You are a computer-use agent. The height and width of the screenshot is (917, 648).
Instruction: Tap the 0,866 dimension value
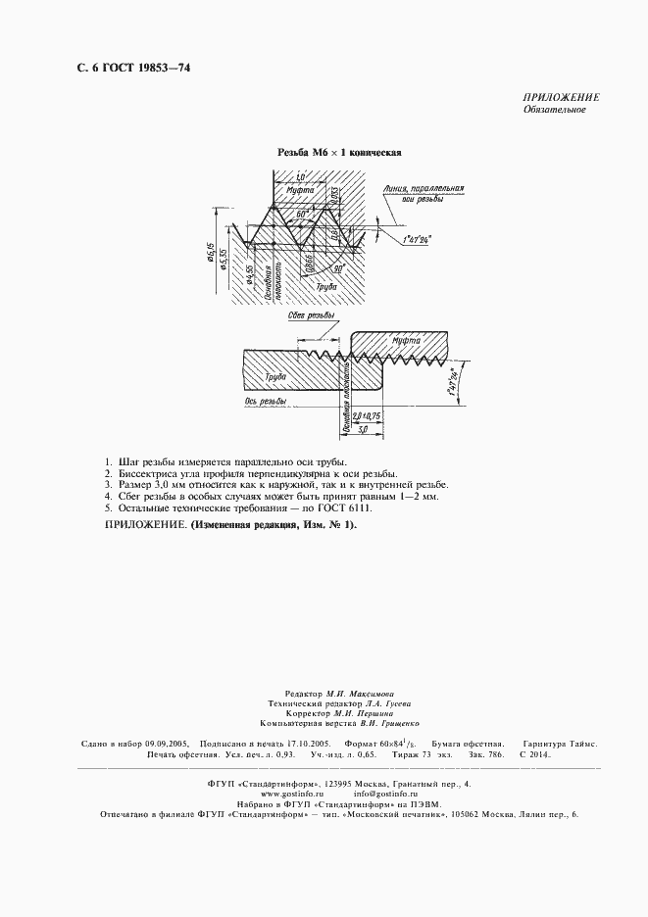click(308, 261)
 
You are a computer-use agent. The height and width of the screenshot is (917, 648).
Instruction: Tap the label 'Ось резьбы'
click(264, 401)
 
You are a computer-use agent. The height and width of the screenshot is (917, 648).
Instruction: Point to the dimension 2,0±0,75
click(367, 415)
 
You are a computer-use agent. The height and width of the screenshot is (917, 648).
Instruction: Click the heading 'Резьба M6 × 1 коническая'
click(340, 153)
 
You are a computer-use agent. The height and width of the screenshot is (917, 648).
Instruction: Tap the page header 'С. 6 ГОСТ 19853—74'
click(120, 68)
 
